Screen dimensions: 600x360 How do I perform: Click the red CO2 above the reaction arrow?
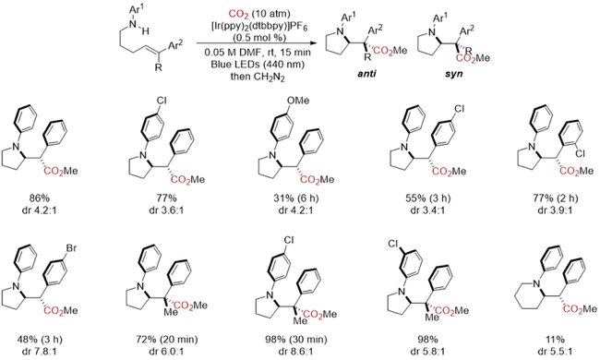[239, 15]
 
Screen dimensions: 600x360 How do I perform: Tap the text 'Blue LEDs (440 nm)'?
[258, 64]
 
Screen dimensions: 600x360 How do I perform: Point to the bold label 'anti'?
[366, 73]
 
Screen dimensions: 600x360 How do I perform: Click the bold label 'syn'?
[453, 73]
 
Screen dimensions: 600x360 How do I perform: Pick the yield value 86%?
[40, 198]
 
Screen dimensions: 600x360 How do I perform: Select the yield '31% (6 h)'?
[294, 198]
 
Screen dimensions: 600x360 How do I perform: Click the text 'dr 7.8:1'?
[40, 351]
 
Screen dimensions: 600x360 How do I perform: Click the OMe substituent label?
[298, 101]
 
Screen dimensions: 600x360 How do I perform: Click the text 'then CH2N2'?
[258, 77]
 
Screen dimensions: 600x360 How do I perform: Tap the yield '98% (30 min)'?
[295, 339]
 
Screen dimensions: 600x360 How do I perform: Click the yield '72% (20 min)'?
[167, 339]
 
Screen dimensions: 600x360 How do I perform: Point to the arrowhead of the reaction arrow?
[315, 43]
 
